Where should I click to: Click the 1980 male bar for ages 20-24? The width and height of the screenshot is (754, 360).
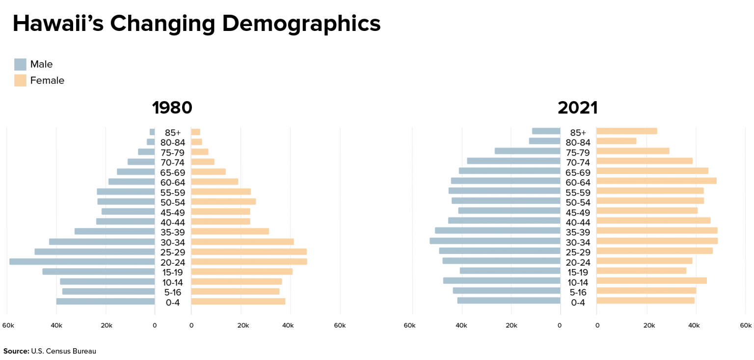pos(82,262)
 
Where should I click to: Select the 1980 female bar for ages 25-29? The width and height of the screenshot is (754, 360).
pos(249,252)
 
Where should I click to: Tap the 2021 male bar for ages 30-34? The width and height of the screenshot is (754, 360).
pos(495,241)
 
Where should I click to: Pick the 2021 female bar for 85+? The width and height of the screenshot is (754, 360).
pos(627,131)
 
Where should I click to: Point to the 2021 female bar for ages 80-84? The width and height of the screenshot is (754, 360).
pos(617,141)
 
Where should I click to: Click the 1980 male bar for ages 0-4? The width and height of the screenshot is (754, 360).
pos(106,302)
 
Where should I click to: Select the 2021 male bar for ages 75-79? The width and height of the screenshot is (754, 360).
pos(527,151)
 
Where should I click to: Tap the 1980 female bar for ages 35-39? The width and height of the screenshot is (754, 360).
pos(230,231)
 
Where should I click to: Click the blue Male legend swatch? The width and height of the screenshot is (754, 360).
pos(20,64)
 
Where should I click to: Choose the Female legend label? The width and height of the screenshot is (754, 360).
pos(47,81)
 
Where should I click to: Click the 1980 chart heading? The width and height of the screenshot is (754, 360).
pos(172,108)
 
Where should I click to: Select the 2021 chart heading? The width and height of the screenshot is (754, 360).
pos(578,108)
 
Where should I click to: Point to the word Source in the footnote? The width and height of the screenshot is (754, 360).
pos(16,351)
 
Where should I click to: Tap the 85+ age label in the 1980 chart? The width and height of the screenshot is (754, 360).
pos(173,133)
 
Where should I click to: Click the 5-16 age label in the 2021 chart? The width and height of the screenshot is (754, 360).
pos(578,292)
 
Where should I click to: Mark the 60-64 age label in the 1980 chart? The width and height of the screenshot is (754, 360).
pos(173,182)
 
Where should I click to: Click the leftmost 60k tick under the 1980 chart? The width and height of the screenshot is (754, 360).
pos(8,325)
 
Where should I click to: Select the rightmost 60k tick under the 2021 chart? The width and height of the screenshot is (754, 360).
pos(746,325)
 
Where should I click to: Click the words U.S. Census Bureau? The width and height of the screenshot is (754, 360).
pos(63,351)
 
